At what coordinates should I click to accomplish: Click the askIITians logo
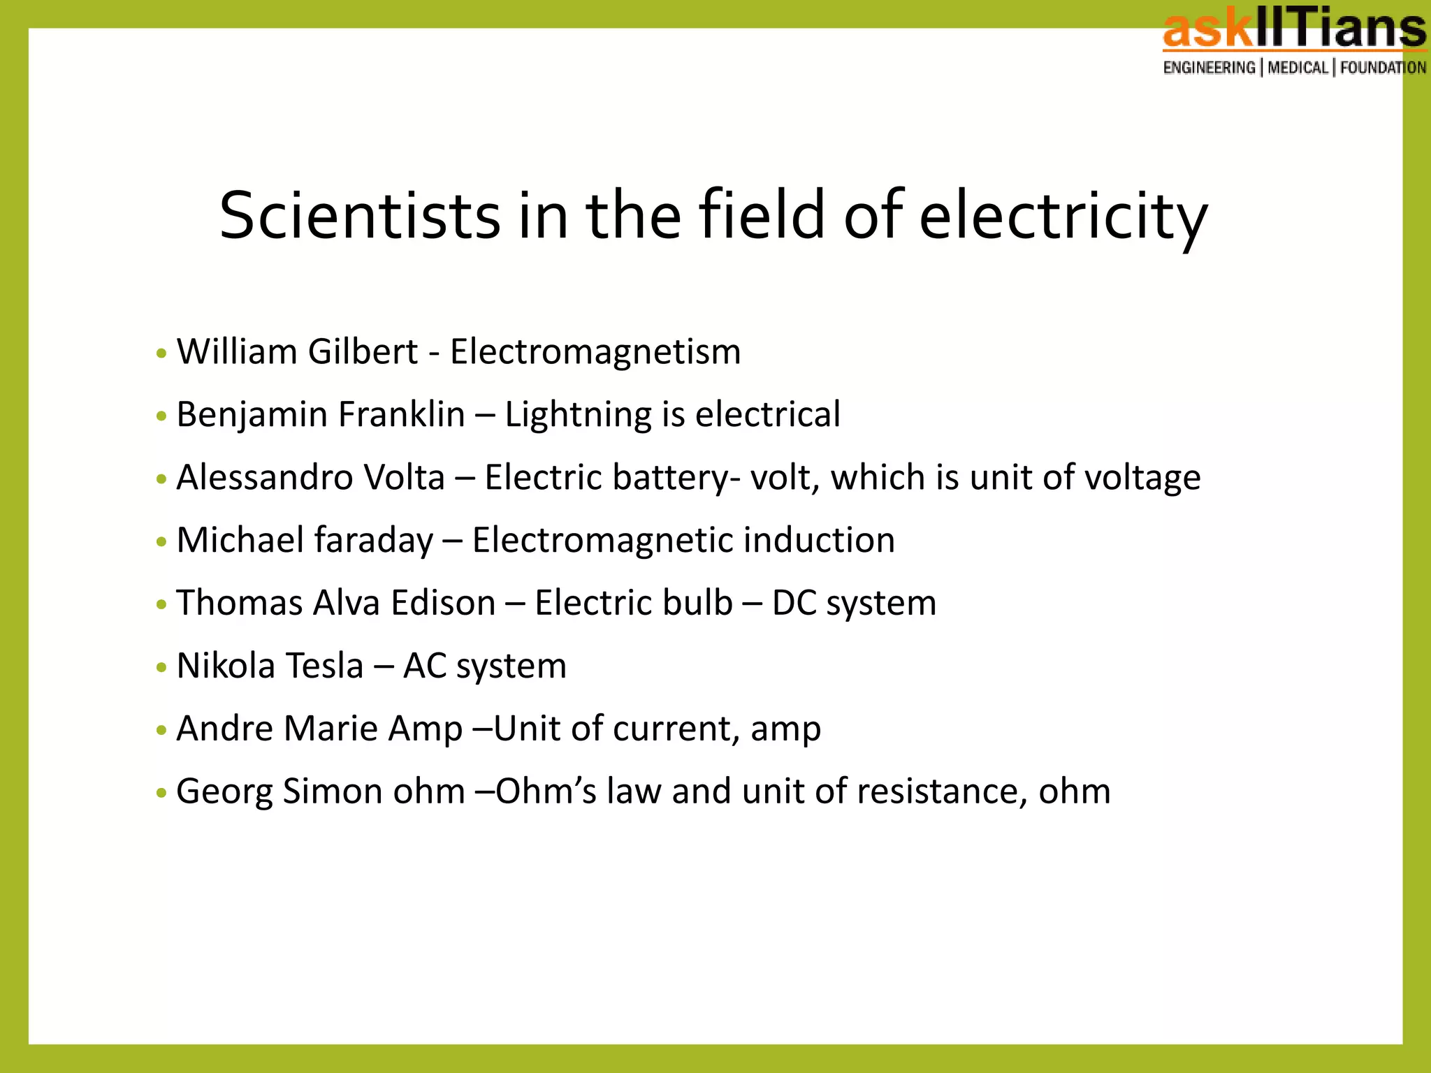(x=1294, y=32)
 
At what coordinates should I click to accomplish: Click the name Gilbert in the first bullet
(x=363, y=351)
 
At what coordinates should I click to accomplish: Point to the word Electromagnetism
(x=595, y=351)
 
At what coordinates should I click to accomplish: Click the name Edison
(x=443, y=603)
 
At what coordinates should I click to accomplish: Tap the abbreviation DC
(x=794, y=603)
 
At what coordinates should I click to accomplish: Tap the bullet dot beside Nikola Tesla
(x=162, y=668)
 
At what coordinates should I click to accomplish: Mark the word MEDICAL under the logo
(x=1298, y=68)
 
